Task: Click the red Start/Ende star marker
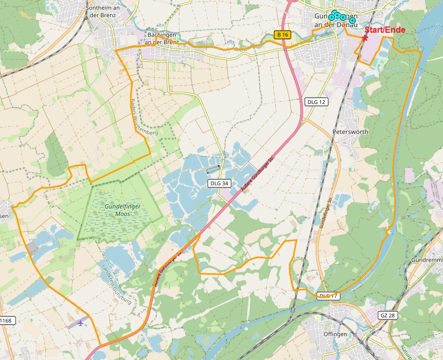pyautogui.click(x=366, y=37)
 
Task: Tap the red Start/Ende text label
pyautogui.click(x=385, y=30)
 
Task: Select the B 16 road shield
pyautogui.click(x=282, y=35)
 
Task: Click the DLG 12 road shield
pyautogui.click(x=316, y=102)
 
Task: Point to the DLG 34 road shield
pyautogui.click(x=219, y=183)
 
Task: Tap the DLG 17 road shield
pyautogui.click(x=328, y=296)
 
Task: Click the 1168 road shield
pyautogui.click(x=5, y=321)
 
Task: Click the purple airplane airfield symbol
pyautogui.click(x=80, y=323)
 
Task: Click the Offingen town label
pyautogui.click(x=335, y=334)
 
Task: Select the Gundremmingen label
pyautogui.click(x=426, y=259)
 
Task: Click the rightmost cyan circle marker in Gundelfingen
pyautogui.click(x=352, y=20)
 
